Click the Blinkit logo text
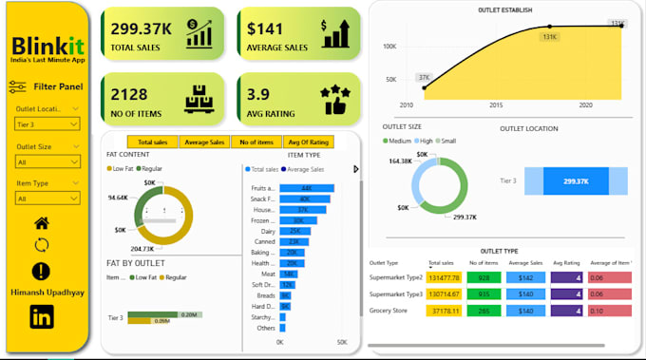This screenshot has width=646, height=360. (x=47, y=47)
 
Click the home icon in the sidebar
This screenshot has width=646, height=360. (x=42, y=223)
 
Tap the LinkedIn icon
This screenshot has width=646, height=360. (x=42, y=318)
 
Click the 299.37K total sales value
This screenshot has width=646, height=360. (x=140, y=28)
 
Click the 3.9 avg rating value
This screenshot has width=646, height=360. (x=259, y=94)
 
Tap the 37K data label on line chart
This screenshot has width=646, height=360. (x=423, y=77)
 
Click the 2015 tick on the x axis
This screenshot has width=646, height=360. (x=495, y=105)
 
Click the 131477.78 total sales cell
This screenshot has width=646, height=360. (x=445, y=277)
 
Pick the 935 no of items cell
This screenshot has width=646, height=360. (x=484, y=294)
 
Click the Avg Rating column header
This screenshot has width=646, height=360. (x=565, y=263)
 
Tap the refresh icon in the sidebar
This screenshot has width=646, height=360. (x=42, y=245)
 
